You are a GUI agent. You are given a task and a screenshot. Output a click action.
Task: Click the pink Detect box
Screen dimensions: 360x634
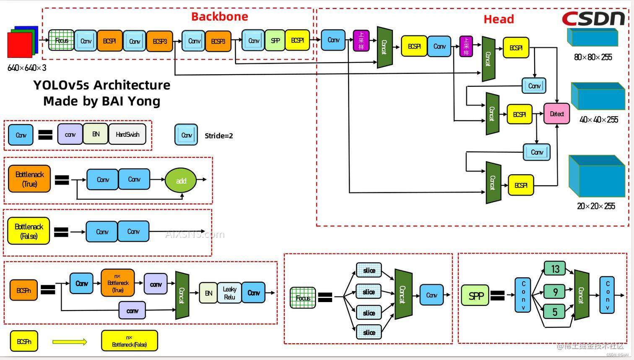(556, 114)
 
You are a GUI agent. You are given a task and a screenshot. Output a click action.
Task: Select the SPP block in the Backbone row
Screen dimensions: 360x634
(275, 41)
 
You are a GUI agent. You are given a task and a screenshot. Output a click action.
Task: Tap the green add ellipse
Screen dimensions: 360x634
(181, 181)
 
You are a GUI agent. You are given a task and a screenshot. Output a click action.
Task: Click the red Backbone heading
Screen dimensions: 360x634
(219, 17)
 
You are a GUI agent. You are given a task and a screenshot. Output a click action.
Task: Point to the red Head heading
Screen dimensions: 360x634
(499, 19)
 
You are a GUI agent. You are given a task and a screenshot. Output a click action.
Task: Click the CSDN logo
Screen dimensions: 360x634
(593, 18)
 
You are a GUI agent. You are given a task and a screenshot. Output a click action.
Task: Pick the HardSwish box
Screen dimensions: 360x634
(127, 134)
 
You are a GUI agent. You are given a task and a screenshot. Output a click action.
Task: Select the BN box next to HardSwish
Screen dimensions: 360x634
(96, 134)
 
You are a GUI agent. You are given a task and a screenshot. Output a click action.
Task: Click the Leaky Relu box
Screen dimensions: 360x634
(229, 293)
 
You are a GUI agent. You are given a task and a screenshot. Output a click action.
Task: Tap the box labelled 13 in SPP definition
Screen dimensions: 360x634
(555, 269)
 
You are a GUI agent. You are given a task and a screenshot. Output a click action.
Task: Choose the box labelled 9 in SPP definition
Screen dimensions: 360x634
(555, 292)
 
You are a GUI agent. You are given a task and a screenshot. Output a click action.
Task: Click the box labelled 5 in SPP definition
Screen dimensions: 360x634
(554, 312)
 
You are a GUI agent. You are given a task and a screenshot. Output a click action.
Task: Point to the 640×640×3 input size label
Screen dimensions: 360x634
(27, 68)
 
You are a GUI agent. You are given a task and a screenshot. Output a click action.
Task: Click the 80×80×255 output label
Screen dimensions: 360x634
(593, 57)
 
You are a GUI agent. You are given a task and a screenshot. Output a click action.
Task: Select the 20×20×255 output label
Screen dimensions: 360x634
(596, 206)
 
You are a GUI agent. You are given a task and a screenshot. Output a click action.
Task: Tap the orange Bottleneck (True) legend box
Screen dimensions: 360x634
(29, 179)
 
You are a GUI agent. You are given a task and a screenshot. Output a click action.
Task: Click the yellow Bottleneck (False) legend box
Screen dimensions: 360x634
(29, 231)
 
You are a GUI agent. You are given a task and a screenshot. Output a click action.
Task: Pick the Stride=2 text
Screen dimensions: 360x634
(218, 136)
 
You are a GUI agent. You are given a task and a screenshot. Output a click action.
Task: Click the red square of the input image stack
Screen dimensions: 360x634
(19, 45)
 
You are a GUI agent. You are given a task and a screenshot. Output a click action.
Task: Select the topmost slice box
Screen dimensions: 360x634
(369, 271)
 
